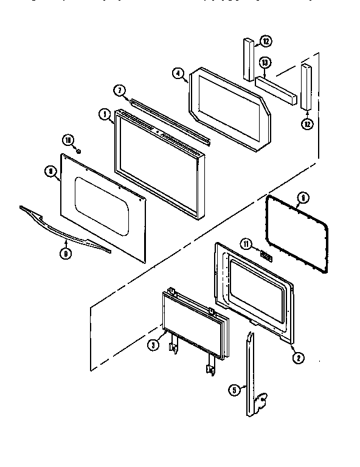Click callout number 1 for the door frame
(105, 114)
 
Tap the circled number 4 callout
(178, 74)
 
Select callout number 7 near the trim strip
(120, 91)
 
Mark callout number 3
(154, 344)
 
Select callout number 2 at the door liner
(297, 358)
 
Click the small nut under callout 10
(78, 150)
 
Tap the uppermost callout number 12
(266, 41)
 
